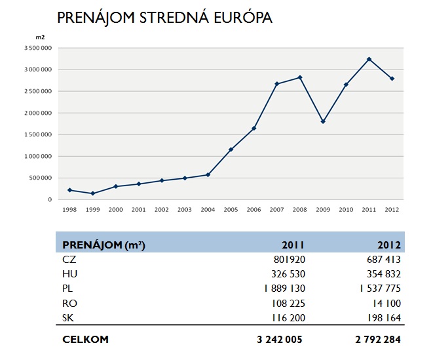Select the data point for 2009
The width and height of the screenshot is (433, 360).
[323, 121]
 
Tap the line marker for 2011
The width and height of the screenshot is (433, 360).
[369, 59]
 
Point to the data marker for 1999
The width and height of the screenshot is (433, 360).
[93, 193]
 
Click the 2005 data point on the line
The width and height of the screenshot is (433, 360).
[231, 150]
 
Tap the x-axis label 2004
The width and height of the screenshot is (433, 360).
[208, 210]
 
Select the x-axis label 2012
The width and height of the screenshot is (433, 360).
[392, 210]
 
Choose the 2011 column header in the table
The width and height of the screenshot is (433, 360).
[293, 245]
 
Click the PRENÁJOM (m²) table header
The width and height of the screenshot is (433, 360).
[104, 245]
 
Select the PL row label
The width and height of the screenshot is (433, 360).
[69, 287]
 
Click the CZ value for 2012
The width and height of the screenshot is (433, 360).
[383, 260]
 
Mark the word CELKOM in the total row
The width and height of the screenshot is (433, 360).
[85, 340]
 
